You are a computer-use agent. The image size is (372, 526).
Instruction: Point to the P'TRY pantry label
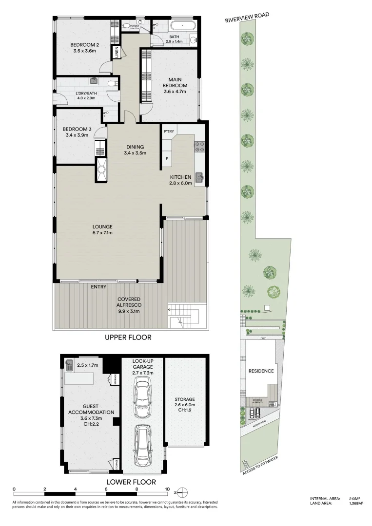(169, 131)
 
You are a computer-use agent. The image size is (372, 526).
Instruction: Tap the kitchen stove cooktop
(199, 147)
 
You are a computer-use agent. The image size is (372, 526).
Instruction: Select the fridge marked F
(167, 159)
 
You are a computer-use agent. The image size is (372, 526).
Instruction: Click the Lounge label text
(103, 226)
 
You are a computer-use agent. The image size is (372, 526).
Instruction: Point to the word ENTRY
(98, 287)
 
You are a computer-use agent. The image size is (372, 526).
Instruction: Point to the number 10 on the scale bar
(167, 489)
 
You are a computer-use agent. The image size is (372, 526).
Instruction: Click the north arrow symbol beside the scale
(181, 491)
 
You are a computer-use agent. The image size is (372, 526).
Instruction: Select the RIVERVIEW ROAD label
(247, 18)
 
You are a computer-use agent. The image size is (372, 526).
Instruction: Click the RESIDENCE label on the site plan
(261, 371)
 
